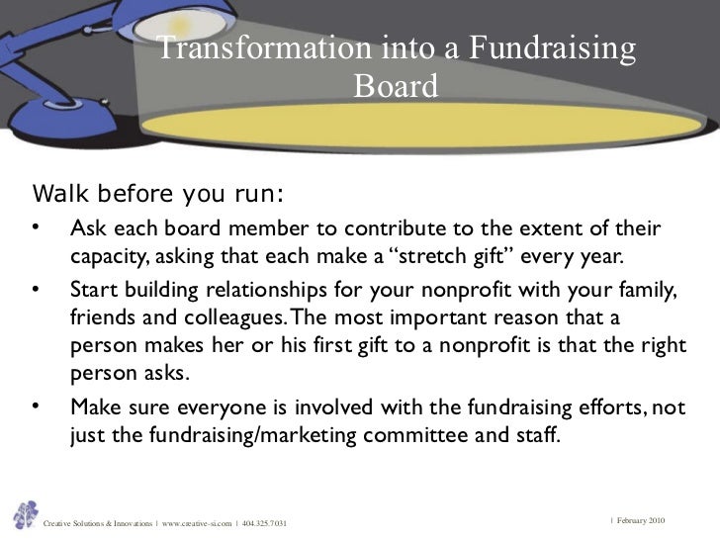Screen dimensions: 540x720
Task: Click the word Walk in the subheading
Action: pyautogui.click(x=58, y=189)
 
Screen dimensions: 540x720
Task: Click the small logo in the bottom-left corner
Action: pyautogui.click(x=24, y=514)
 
